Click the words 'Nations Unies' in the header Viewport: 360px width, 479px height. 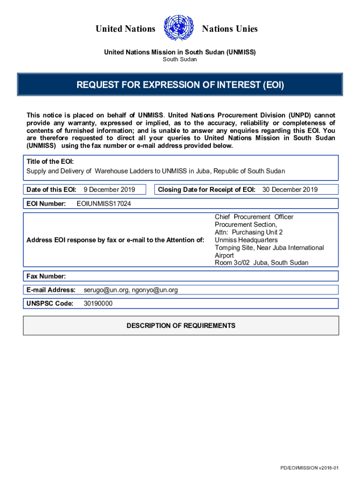[x=230, y=29]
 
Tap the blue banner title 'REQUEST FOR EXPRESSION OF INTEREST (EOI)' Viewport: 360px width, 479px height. [x=180, y=85]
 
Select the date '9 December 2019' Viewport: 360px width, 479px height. [x=109, y=189]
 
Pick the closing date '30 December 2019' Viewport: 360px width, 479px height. [x=290, y=189]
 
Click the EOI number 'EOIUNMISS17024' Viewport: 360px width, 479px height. [x=104, y=203]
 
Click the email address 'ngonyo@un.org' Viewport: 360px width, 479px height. [x=155, y=290]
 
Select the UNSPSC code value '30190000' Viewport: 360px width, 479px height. [x=98, y=304]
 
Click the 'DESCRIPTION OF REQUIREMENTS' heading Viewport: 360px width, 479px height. [x=181, y=326]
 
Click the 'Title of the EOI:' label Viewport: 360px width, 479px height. [x=50, y=161]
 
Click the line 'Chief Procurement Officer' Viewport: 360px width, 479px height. [x=254, y=217]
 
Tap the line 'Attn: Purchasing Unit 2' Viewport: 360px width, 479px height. [x=249, y=232]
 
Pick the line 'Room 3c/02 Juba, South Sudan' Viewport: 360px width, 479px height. [x=261, y=263]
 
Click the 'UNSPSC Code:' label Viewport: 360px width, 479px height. [x=50, y=304]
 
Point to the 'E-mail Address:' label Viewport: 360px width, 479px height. [x=51, y=290]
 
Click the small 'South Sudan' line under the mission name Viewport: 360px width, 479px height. [x=180, y=59]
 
